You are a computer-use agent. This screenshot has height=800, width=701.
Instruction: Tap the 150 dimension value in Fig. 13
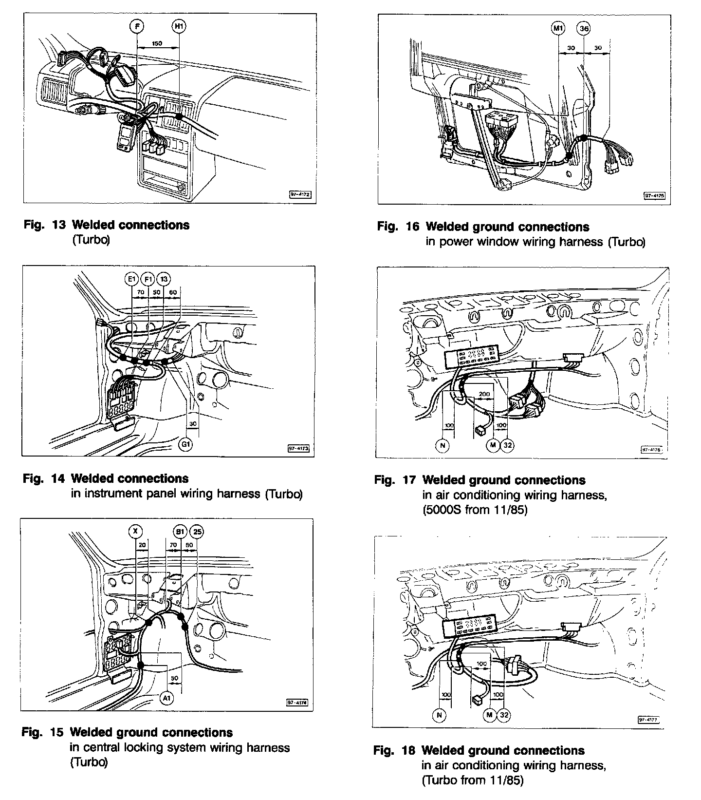[x=157, y=43]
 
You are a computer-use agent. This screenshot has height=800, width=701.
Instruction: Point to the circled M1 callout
[x=558, y=29]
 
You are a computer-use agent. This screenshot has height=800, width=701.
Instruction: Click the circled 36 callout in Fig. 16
[x=584, y=29]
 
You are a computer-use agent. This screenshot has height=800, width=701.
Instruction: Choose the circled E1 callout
[x=131, y=279]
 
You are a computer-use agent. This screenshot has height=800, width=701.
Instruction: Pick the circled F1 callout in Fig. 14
[x=148, y=279]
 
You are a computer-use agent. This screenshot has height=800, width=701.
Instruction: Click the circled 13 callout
[x=164, y=279]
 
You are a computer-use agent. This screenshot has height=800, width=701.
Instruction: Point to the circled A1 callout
[x=167, y=699]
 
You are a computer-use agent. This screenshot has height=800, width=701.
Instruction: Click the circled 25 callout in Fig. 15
[x=197, y=531]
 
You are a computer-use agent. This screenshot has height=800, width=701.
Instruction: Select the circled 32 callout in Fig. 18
[x=504, y=715]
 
